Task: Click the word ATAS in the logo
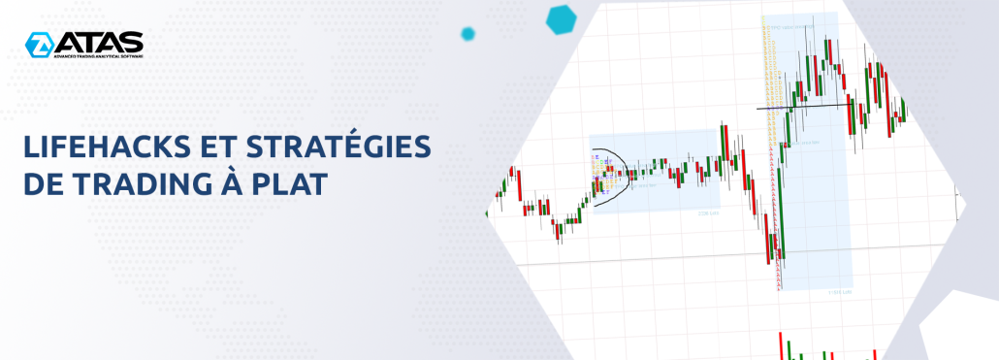tap(99, 42)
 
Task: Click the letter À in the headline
tap(225, 181)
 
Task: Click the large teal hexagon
tap(562, 17)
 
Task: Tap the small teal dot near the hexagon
tap(467, 34)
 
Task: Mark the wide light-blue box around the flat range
tap(654, 171)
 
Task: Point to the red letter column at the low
tap(777, 223)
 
